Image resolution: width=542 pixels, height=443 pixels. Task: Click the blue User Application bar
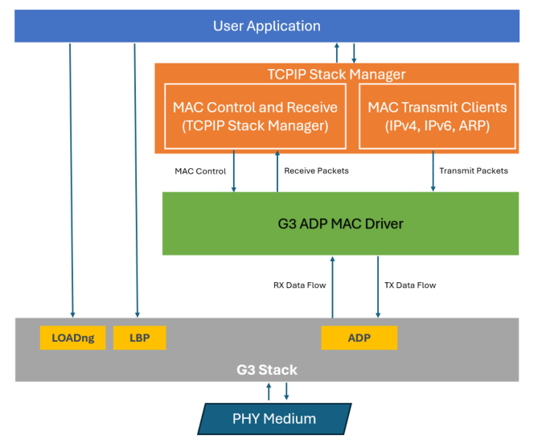tap(267, 27)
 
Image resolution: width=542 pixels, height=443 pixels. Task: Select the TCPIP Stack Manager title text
tap(336, 74)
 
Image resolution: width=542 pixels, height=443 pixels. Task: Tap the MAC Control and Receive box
tap(255, 116)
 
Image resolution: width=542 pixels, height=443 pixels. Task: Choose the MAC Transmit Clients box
tap(437, 116)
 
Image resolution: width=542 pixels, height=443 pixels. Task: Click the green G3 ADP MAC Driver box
tap(341, 223)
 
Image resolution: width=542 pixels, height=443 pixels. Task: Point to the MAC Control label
tap(200, 170)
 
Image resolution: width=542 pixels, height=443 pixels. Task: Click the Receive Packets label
tap(316, 170)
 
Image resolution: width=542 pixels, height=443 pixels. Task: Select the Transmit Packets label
tap(474, 170)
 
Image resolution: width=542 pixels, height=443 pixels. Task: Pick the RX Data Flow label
tap(299, 285)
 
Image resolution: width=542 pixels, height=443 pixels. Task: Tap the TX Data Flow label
tap(410, 285)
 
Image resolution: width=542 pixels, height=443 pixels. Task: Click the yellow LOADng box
tap(73, 338)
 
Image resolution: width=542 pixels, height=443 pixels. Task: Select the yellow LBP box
tap(139, 338)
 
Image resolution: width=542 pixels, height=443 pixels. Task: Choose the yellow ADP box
tap(359, 338)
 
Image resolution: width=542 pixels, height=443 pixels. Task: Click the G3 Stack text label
tap(267, 370)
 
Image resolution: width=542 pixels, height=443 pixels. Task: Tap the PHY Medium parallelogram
tap(274, 418)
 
